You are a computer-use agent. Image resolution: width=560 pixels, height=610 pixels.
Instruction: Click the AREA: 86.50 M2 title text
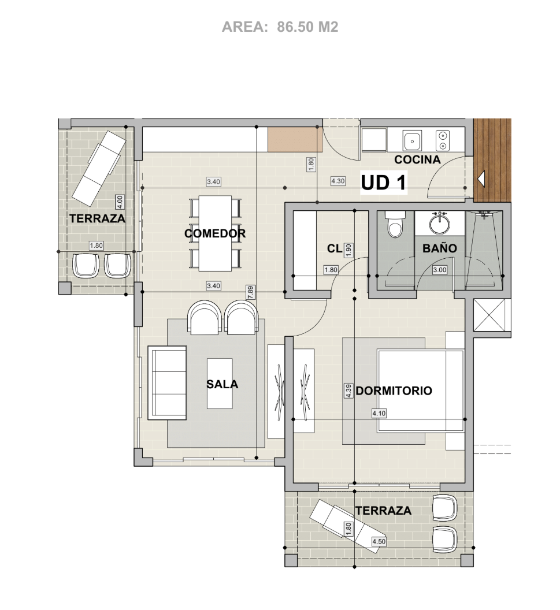click(280, 27)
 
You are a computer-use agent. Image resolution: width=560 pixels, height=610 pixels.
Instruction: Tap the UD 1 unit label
click(383, 183)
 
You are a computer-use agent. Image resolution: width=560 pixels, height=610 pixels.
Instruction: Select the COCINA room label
click(417, 159)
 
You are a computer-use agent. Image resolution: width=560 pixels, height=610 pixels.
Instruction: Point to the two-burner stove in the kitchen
click(443, 140)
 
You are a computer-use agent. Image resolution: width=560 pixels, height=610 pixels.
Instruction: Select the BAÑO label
click(439, 248)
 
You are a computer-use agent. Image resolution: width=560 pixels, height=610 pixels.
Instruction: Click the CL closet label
click(334, 248)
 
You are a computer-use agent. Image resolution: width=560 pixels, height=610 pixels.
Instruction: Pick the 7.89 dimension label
click(250, 292)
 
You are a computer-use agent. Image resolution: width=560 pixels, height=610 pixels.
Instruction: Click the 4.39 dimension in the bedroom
click(348, 390)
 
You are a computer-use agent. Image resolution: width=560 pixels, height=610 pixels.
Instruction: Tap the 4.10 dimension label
click(379, 413)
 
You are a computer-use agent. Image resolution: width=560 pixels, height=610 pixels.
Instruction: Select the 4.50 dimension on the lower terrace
click(379, 541)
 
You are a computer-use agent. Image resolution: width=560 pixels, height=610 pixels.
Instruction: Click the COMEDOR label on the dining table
click(215, 233)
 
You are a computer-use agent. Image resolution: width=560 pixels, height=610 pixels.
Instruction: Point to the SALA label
click(222, 384)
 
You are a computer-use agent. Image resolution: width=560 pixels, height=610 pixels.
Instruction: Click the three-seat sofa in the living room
click(167, 382)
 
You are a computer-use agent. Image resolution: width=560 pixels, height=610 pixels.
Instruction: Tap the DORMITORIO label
click(394, 390)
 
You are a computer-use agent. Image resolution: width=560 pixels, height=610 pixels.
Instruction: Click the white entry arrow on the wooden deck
click(481, 179)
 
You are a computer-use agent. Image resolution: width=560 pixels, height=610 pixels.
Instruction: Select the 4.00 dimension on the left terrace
click(120, 201)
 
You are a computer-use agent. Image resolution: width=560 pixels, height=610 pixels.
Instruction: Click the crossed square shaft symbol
click(492, 315)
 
